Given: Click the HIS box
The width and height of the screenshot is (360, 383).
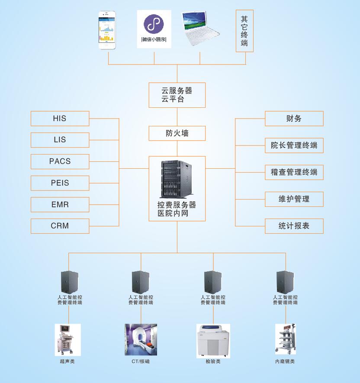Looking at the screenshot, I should coord(60,119).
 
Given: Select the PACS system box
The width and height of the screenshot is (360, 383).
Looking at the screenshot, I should coord(60,161).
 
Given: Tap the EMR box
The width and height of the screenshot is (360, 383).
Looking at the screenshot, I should coord(60,204).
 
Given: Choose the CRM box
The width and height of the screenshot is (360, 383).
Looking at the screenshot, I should coord(60,225).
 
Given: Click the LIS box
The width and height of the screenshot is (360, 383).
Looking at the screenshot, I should coord(60,140).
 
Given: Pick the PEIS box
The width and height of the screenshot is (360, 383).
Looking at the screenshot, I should coord(60,183).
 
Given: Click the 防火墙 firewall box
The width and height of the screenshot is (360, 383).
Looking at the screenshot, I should coord(177,133).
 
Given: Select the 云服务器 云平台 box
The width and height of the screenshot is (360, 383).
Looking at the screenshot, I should coord(177,95).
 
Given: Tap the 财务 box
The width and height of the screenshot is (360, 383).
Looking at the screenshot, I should coord(294,119).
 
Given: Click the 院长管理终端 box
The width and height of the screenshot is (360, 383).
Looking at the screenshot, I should coord(294,145).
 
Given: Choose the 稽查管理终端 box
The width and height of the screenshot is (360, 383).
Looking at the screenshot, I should coord(294,172).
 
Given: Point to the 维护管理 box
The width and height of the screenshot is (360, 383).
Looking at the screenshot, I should coord(294,199).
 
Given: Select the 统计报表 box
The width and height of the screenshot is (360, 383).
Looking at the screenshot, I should coord(294,226).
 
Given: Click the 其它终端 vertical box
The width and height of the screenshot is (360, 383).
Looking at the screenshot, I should coord(244,31).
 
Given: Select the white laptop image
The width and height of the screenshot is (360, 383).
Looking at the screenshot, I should coord(200,29).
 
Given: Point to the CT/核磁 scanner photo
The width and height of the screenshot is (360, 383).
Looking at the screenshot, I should coord(141,340).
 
